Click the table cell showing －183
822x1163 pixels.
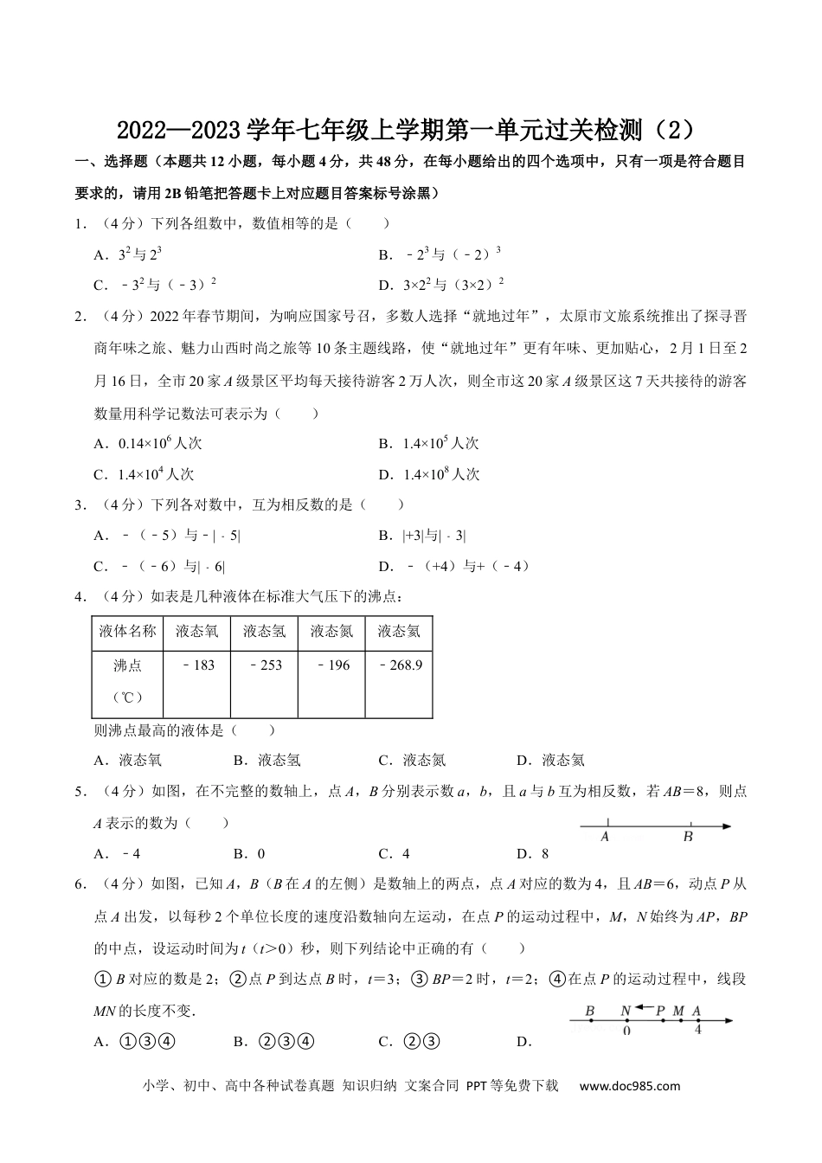(x=198, y=665)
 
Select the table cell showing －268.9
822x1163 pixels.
(x=400, y=665)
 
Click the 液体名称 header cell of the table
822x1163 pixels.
(x=127, y=632)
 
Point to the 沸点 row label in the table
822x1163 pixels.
(x=127, y=665)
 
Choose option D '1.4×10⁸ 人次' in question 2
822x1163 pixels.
(x=440, y=474)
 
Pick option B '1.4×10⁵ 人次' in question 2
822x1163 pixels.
(x=440, y=443)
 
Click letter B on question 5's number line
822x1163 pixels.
(x=688, y=837)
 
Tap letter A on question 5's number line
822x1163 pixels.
(x=605, y=837)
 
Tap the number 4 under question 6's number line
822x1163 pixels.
(x=697, y=1031)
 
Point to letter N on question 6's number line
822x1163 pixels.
(x=625, y=1010)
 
